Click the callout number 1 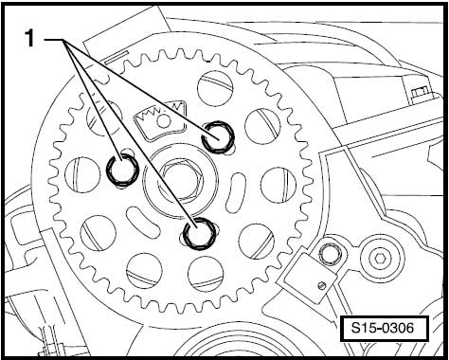[x=29, y=38]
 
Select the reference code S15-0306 [x=383, y=328]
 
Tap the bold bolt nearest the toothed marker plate [x=218, y=136]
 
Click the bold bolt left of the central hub [x=122, y=171]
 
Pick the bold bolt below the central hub [x=200, y=234]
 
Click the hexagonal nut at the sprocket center [x=181, y=181]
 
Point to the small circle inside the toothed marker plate [x=164, y=122]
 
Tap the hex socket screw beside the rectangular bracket [x=380, y=259]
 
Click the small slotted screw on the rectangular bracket [x=322, y=285]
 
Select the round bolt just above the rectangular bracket [x=330, y=254]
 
